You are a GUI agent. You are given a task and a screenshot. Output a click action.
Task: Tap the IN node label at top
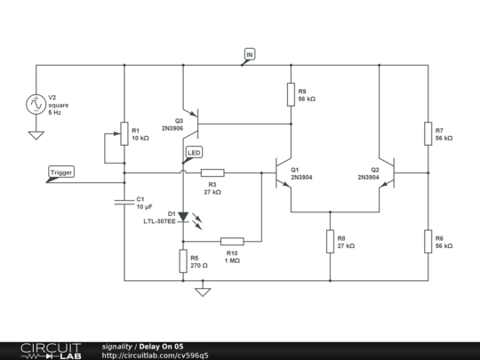coord(249,56)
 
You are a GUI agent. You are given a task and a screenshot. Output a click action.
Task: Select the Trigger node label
coord(61,172)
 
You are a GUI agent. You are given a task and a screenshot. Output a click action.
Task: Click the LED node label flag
coord(194,154)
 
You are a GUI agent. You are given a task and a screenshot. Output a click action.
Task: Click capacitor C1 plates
coord(124,202)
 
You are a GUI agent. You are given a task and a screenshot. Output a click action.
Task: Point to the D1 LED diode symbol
coord(183,216)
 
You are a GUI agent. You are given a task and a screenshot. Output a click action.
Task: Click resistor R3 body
coord(212,172)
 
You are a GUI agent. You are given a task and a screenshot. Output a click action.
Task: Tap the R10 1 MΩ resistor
coord(232,240)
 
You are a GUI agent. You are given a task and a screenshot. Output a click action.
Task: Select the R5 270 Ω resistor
coord(183,260)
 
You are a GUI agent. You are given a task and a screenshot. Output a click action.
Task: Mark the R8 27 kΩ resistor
coord(330,240)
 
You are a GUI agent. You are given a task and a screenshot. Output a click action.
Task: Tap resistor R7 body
coord(428,133)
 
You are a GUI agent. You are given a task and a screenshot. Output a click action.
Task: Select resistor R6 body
coord(428,240)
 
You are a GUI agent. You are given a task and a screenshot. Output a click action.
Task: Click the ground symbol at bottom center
coord(203,290)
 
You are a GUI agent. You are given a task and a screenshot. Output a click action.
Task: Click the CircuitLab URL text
coord(156,355)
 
